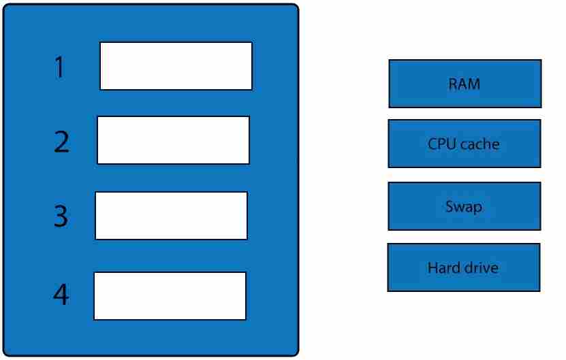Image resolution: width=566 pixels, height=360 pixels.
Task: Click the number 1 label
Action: coord(60,67)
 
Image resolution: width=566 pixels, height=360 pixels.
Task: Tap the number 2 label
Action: coord(62,142)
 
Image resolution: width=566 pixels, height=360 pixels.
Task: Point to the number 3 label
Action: coord(61,216)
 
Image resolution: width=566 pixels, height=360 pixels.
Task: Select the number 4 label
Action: coord(61,294)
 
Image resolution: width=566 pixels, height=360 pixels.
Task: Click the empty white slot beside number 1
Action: coord(176,66)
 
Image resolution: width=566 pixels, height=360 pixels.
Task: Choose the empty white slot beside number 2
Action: coord(173,140)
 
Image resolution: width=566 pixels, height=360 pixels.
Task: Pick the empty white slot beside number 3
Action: coord(172,215)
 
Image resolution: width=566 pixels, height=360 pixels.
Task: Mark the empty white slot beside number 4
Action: coord(170,296)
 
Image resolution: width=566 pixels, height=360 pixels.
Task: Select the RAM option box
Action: coord(465,84)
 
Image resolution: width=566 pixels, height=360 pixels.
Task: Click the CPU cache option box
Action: coord(465,144)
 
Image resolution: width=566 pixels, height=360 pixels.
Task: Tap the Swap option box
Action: coord(465,206)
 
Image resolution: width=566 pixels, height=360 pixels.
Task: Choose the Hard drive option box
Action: coord(464,267)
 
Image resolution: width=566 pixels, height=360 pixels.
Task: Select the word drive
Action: coord(481,267)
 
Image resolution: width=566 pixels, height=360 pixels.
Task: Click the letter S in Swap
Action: coord(450,206)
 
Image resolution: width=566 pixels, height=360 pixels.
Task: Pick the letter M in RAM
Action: coord(474,84)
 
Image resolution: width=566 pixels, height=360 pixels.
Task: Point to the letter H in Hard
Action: coord(433,267)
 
